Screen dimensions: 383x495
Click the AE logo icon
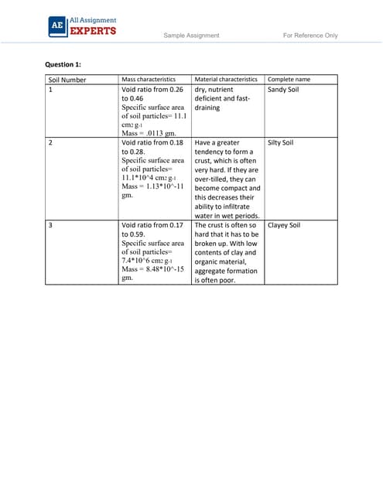click(x=56, y=26)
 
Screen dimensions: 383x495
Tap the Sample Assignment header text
click(x=191, y=36)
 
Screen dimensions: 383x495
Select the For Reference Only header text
click(x=310, y=36)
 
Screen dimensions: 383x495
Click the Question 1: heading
click(x=65, y=63)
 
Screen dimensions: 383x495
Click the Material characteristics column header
click(x=226, y=80)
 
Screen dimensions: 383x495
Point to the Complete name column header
click(x=289, y=80)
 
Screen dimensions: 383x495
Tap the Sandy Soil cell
click(x=283, y=90)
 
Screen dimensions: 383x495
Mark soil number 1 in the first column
click(x=50, y=90)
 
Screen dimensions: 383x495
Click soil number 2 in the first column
click(x=50, y=143)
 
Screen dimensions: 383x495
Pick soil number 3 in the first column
click(x=50, y=226)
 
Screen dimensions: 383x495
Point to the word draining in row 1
click(x=207, y=108)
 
